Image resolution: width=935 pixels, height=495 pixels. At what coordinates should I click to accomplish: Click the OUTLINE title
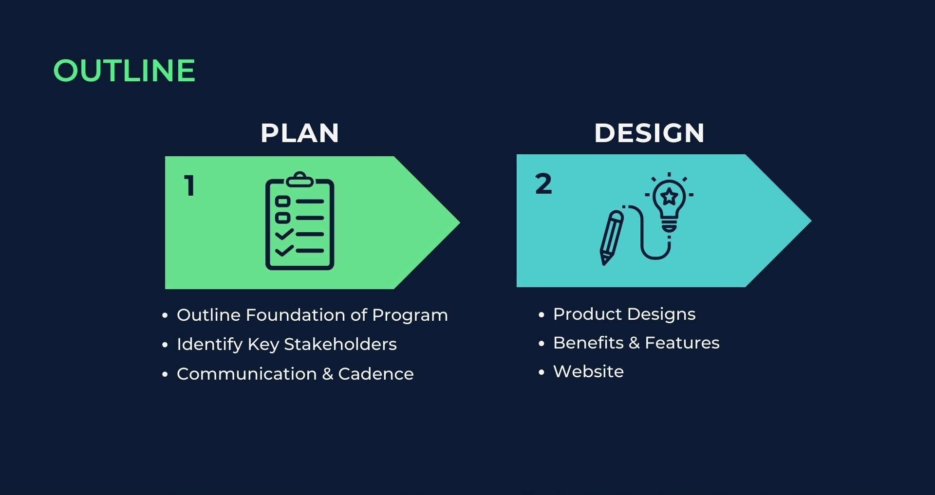point(124,71)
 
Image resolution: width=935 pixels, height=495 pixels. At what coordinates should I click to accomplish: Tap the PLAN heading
point(299,133)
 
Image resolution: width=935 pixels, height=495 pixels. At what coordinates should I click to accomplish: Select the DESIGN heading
point(649,133)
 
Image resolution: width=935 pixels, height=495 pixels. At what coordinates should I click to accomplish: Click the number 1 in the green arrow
point(190,185)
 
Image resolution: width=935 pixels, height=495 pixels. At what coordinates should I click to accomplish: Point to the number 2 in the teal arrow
point(543,184)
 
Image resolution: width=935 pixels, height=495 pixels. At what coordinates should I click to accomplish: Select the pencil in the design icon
point(611,238)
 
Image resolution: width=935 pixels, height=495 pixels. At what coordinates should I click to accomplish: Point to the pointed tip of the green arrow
point(459,222)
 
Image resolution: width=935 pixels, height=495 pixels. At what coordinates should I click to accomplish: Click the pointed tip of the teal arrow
point(811,220)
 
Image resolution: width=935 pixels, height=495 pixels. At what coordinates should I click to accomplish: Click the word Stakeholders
point(340,344)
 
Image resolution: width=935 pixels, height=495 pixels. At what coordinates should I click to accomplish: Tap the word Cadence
point(376,374)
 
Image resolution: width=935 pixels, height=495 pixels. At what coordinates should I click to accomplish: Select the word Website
point(588,371)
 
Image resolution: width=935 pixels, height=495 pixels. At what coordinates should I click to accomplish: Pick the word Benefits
point(588,343)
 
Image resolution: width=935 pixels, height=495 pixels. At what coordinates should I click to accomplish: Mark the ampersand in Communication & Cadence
point(328,374)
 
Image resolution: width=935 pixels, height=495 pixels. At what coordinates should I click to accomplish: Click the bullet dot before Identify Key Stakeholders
point(165,345)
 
